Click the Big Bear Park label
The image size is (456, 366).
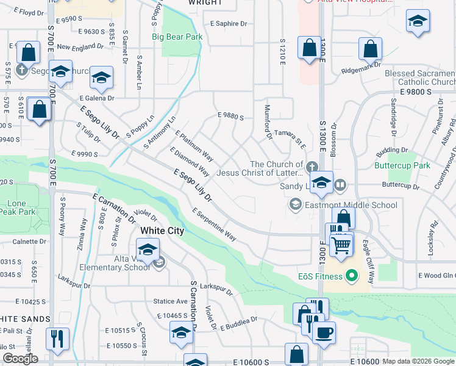[177, 37]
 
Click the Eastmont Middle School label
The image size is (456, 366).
[351, 205]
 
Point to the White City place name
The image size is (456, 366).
[162, 231]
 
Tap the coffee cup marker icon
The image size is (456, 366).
[324, 333]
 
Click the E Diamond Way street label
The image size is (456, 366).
[190, 162]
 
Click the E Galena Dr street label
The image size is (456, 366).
[96, 98]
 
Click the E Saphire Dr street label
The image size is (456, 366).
[229, 24]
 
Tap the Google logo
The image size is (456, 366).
[20, 359]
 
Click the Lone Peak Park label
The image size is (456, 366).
[16, 208]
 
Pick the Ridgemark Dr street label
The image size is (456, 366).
[361, 63]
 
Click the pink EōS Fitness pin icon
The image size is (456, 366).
[351, 276]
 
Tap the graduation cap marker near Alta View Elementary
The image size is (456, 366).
[147, 249]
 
